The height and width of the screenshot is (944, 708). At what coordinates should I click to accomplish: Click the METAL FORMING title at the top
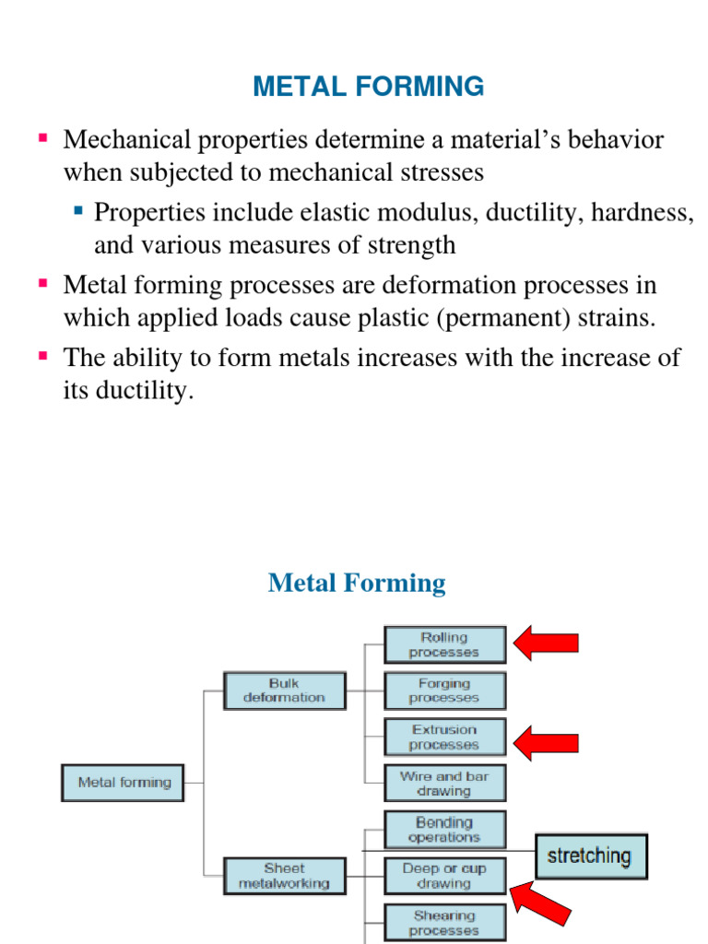pyautogui.click(x=368, y=87)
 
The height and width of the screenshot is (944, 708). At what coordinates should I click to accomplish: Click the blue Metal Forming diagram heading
pyautogui.click(x=357, y=584)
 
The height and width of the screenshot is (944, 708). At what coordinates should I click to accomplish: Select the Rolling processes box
pyautogui.click(x=444, y=644)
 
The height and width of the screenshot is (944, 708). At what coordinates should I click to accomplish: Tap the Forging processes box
pyautogui.click(x=444, y=690)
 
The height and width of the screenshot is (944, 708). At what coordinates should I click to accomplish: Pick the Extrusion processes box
pyautogui.click(x=444, y=737)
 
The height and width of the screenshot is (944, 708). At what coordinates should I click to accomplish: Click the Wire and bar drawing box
pyautogui.click(x=444, y=784)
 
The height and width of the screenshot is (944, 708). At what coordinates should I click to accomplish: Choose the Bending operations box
pyautogui.click(x=444, y=830)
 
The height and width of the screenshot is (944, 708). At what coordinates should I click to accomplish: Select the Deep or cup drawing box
pyautogui.click(x=444, y=876)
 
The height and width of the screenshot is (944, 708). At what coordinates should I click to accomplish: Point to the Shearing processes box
pyautogui.click(x=444, y=923)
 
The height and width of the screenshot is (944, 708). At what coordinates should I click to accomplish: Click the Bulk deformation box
pyautogui.click(x=284, y=690)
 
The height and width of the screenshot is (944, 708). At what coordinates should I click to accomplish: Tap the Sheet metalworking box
pyautogui.click(x=284, y=876)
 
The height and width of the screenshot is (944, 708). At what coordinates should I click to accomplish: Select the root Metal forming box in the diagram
pyautogui.click(x=124, y=783)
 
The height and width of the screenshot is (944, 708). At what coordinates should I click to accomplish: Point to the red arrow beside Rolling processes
pyautogui.click(x=546, y=643)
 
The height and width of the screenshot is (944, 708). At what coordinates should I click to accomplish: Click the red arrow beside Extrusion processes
pyautogui.click(x=546, y=742)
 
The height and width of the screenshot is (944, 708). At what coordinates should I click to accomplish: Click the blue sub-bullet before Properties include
pyautogui.click(x=78, y=211)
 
